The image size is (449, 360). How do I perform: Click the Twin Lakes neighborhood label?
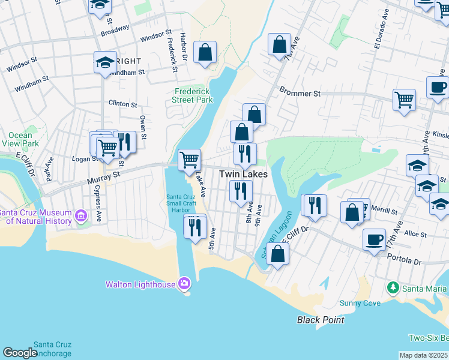pos(243,174)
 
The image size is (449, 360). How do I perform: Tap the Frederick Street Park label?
pos(193,95)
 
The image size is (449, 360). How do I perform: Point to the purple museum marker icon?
pos(80,214)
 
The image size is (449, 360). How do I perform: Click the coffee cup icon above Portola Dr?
pos(374,239)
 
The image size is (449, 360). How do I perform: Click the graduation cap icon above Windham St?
pos(105,62)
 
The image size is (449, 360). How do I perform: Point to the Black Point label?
pos(321,320)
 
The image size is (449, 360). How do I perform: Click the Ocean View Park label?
pos(20,140)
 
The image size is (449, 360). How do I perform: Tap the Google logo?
pos(20,353)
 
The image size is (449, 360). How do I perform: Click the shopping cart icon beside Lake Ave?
pos(189,160)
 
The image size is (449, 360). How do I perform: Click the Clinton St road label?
pos(122,104)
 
